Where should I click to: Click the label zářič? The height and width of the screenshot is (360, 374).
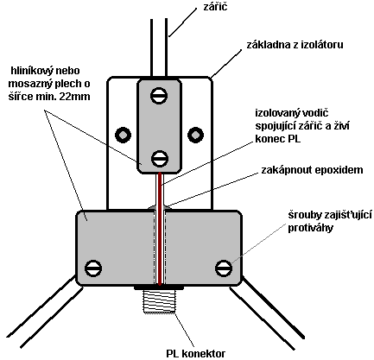pyautogui.click(x=215, y=7)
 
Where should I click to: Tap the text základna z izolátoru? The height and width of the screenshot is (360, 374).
pyautogui.click(x=295, y=45)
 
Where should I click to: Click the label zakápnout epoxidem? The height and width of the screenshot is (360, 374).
pyautogui.click(x=312, y=170)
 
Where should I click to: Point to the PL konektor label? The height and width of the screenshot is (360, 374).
pyautogui.click(x=196, y=353)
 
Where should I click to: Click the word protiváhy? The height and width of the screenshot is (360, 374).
pyautogui.click(x=311, y=228)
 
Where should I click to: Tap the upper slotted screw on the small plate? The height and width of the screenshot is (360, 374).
pyautogui.click(x=159, y=96)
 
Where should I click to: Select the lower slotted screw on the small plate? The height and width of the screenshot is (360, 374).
pyautogui.click(x=159, y=159)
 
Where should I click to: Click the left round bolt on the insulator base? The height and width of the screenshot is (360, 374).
pyautogui.click(x=123, y=135)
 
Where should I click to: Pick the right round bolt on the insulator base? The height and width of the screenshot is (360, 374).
pyautogui.click(x=195, y=135)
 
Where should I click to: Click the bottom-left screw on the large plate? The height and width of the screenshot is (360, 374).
pyautogui.click(x=93, y=268)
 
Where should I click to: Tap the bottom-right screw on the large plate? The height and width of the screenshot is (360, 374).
pyautogui.click(x=224, y=268)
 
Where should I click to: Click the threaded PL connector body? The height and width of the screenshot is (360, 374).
pyautogui.click(x=159, y=301)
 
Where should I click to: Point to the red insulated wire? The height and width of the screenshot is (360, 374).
pyautogui.click(x=159, y=229)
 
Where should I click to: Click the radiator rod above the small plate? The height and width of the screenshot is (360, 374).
pyautogui.click(x=159, y=47)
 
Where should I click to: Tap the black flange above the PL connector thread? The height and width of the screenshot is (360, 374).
pyautogui.click(x=159, y=287)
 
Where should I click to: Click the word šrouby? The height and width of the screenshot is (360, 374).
pyautogui.click(x=305, y=215)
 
